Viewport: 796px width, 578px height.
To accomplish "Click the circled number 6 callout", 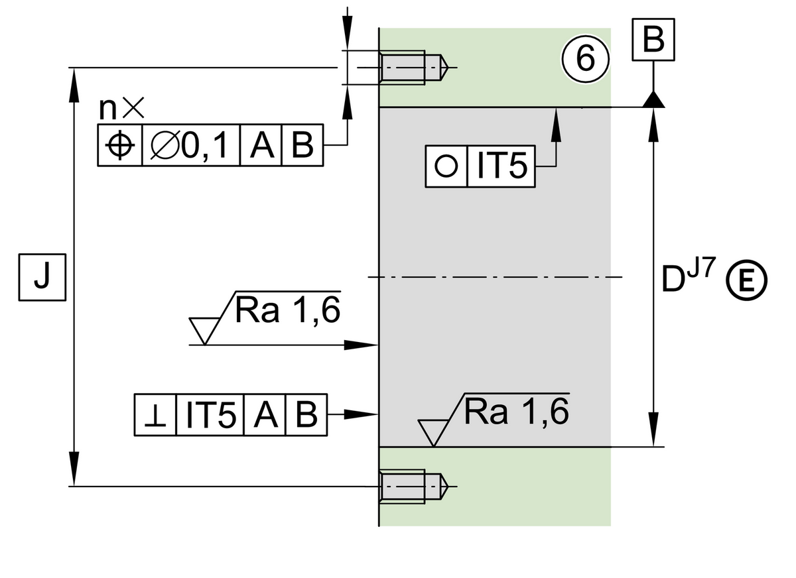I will pyautogui.click(x=585, y=59).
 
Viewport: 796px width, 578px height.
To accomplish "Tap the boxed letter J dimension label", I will pyautogui.click(x=41, y=277).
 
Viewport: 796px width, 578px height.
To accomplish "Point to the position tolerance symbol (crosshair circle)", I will pyautogui.click(x=120, y=145).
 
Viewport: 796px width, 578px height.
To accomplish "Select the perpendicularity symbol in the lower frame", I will pyautogui.click(x=156, y=415).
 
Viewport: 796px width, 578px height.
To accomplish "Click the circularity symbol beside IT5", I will pyautogui.click(x=446, y=166).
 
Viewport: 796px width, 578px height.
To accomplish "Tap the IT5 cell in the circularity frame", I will pyautogui.click(x=501, y=166).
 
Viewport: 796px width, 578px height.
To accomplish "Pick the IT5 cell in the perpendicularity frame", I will pyautogui.click(x=210, y=415).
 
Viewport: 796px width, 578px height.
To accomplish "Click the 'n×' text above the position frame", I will pyautogui.click(x=121, y=107).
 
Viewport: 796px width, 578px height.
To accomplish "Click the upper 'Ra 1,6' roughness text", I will pyautogui.click(x=287, y=310).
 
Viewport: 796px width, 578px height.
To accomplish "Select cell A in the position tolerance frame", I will pyautogui.click(x=262, y=145).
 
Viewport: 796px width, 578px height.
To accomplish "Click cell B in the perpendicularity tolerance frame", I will pyautogui.click(x=306, y=415).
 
